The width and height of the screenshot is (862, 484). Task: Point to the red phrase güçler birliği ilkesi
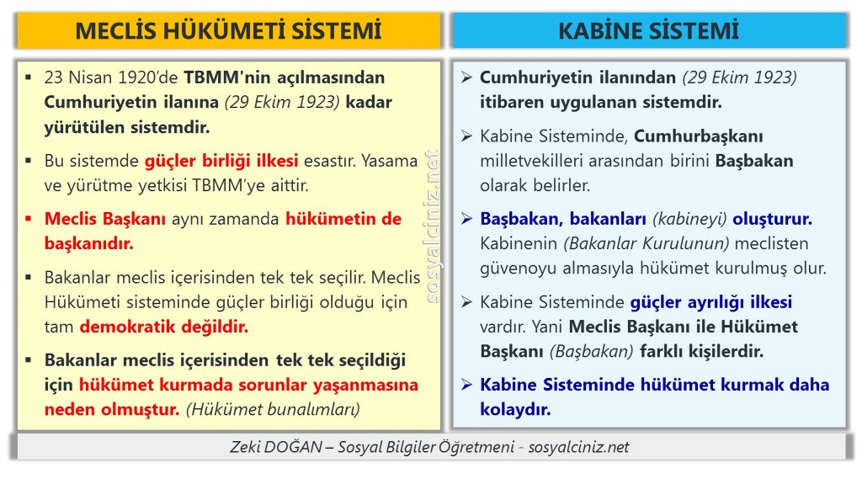point(221,161)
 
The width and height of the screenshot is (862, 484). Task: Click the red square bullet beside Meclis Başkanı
point(28,219)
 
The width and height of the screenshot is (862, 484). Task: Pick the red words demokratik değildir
point(164,327)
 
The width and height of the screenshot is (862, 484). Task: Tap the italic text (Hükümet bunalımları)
point(274,409)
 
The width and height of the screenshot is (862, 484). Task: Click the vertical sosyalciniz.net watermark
point(433,226)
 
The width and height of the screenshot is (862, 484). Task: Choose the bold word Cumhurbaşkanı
point(699,136)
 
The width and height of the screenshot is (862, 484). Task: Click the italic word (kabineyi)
point(689,219)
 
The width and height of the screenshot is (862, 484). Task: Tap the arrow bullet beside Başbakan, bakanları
point(466,219)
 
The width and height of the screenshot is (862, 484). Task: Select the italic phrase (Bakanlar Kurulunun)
point(646,243)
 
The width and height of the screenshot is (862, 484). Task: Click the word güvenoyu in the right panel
point(519,269)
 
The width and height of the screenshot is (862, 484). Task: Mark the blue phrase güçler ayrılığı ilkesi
point(710,302)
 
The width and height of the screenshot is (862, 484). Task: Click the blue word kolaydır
point(515,409)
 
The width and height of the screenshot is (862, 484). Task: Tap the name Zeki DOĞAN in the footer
point(276,447)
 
